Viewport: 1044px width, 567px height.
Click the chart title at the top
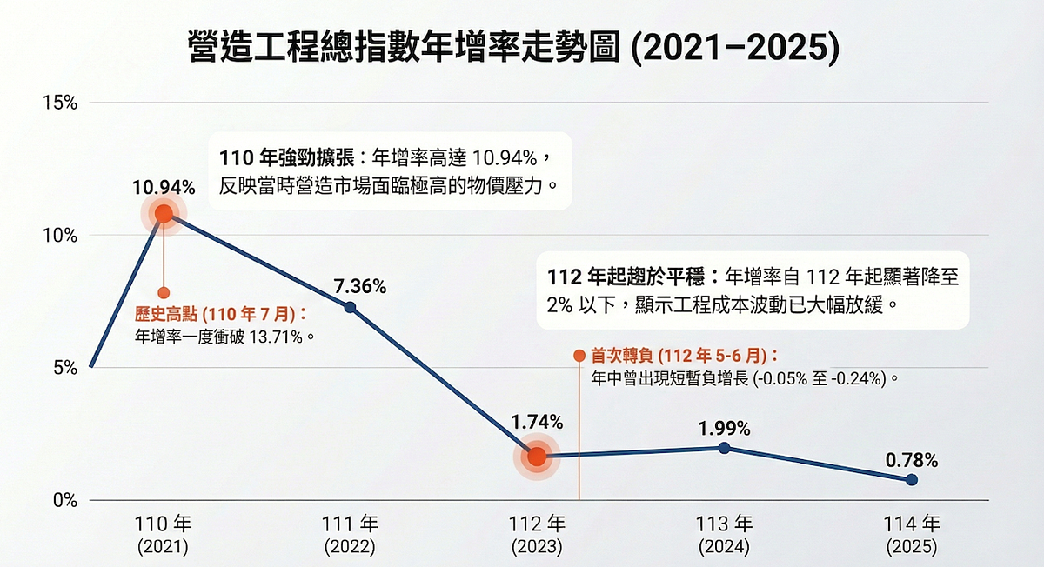pos(513,49)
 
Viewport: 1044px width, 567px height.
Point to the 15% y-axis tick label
pos(60,103)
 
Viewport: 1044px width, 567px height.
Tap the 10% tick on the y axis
pos(60,236)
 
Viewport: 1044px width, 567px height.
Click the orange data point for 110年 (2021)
pos(164,213)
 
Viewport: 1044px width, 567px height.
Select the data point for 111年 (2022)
pos(350,307)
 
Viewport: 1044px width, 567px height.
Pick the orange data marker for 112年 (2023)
pos(537,457)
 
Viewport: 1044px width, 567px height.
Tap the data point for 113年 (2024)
pos(724,448)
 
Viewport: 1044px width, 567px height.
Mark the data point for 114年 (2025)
pos(911,480)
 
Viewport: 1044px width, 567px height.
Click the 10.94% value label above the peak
pos(164,187)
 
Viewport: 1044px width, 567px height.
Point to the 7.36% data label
pos(359,285)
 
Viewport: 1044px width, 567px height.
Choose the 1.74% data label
pos(537,423)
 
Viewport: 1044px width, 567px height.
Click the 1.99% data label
pos(724,428)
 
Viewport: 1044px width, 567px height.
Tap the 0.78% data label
pos(911,458)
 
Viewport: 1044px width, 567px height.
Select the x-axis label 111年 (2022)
pos(350,535)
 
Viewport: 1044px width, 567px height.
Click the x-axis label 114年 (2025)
pos(911,535)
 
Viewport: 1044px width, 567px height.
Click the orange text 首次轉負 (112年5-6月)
pos(684,356)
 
